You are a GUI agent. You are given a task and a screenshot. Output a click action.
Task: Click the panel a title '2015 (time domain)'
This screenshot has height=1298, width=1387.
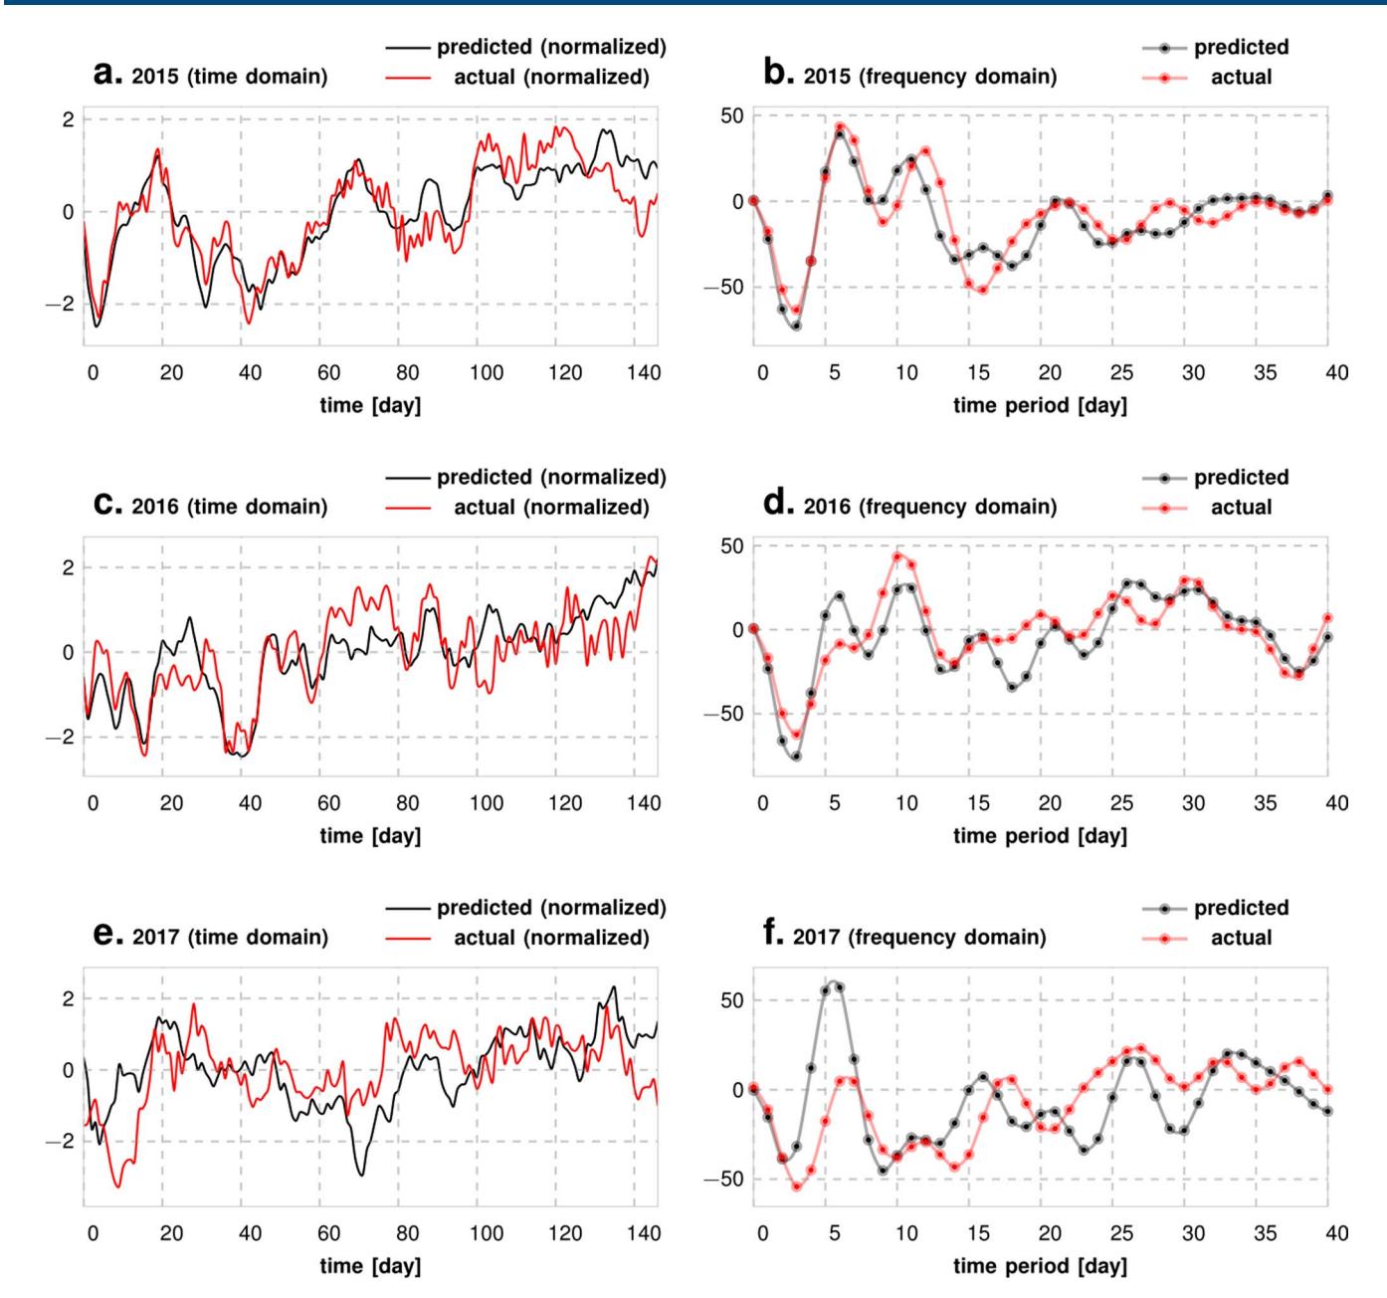point(229,77)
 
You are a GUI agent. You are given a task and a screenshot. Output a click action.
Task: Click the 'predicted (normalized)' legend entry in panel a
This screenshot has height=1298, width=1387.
point(551,47)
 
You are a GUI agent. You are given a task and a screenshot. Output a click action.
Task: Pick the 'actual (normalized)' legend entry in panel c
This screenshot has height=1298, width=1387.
point(551,507)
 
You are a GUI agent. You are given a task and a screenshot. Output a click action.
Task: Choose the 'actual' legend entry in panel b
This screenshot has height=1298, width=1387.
point(1241,77)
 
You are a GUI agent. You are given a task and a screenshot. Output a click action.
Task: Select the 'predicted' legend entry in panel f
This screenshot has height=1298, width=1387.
point(1241,908)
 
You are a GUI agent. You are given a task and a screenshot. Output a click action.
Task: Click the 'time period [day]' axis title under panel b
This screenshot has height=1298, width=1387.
point(1040,407)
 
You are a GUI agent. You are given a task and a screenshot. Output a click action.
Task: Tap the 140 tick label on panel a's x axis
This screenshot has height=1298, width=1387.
point(644,373)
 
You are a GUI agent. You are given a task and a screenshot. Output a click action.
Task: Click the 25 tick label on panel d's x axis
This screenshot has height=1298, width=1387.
point(1121,804)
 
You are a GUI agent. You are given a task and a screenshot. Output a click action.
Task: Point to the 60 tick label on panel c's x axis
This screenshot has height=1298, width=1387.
point(328,804)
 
